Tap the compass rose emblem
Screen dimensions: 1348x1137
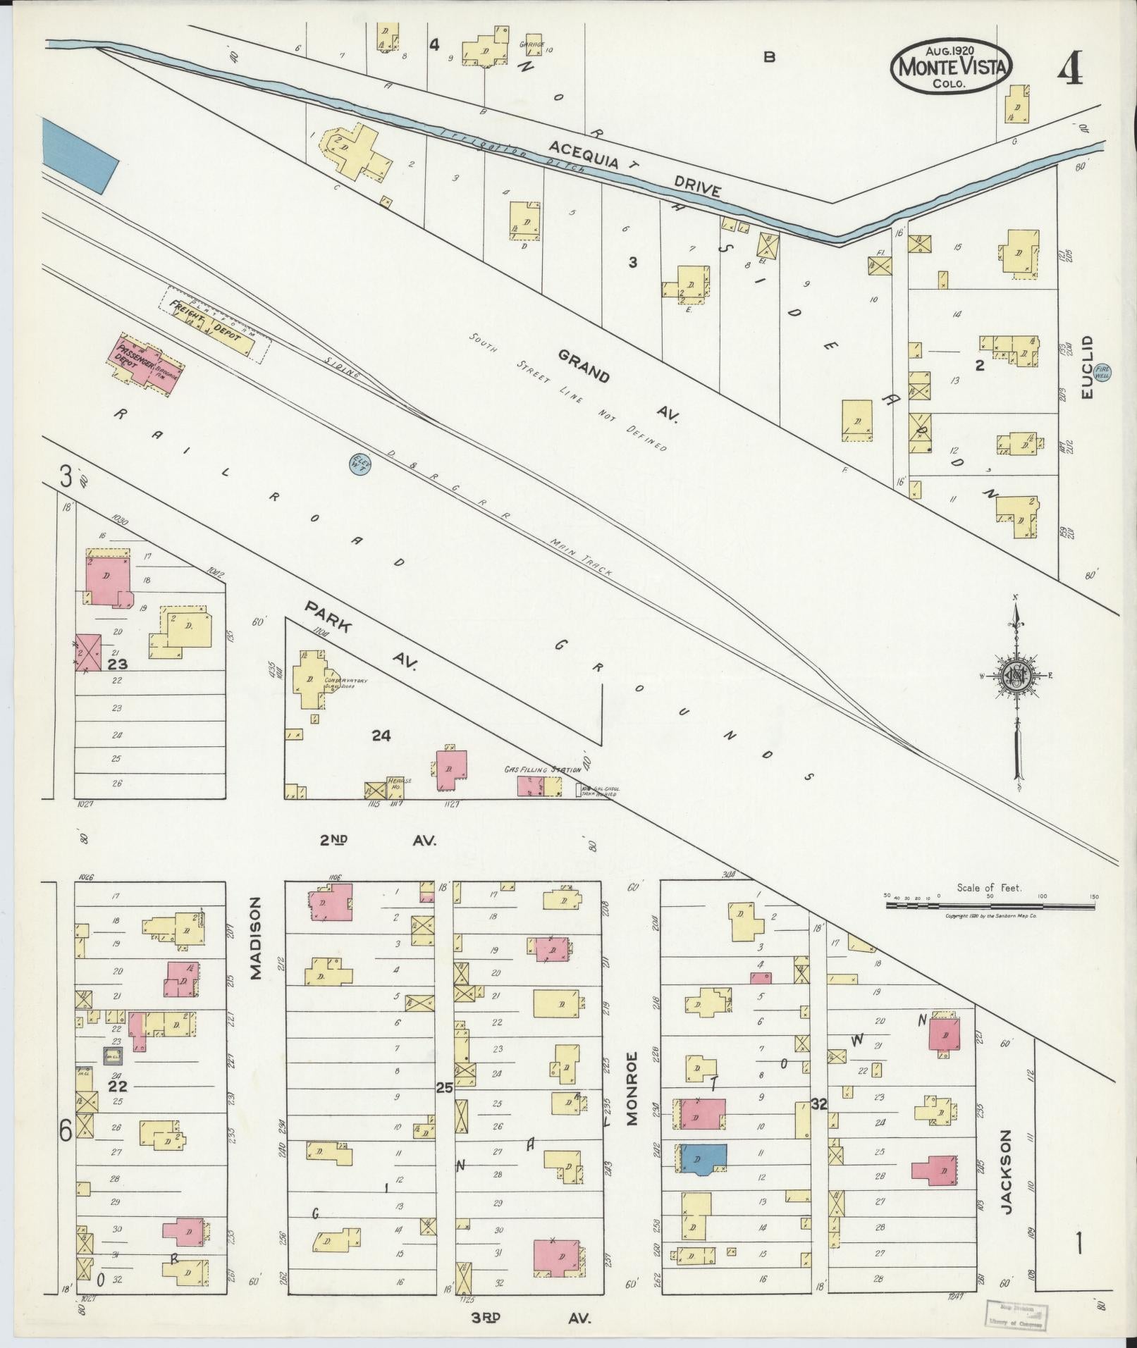[1016, 675]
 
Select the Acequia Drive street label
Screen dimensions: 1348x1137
[634, 168]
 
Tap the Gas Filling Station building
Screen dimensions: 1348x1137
[539, 786]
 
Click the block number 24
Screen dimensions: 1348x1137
[381, 736]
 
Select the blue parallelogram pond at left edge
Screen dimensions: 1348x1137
[79, 154]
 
